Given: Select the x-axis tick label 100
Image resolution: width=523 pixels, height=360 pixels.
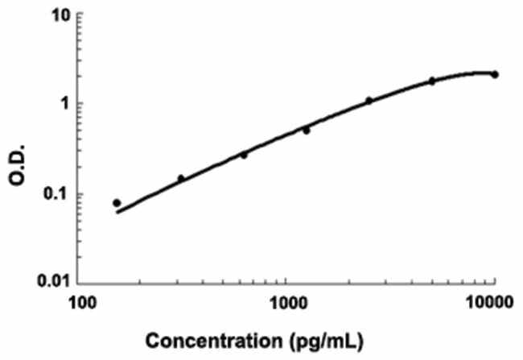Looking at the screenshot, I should click(81, 303).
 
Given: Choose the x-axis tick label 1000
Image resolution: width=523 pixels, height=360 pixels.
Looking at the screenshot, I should click(287, 303).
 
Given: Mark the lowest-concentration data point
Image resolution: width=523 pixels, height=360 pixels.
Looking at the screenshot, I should click(117, 203).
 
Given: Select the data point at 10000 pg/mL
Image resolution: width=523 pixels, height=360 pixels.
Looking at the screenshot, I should click(495, 74).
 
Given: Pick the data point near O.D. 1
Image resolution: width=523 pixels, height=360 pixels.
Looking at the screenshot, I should click(369, 101).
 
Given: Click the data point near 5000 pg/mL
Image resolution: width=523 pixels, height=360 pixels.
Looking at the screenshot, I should click(431, 81).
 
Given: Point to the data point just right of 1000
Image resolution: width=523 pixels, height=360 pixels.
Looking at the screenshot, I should click(307, 130).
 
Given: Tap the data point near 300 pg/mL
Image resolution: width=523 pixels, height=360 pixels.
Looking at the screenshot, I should click(181, 178).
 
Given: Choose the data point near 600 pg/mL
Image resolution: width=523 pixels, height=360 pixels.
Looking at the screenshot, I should click(244, 155).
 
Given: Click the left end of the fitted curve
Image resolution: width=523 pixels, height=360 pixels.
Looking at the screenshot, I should click(117, 213).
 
